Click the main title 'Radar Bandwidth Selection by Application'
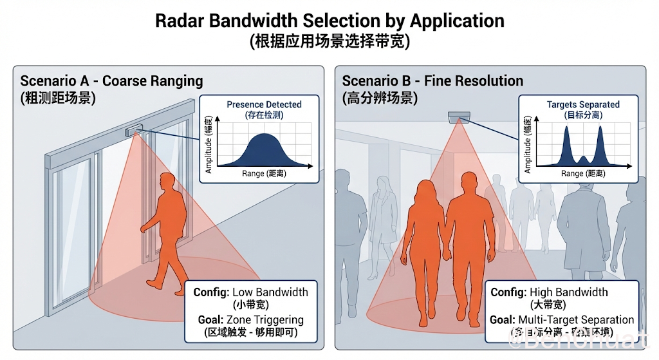(x=329, y=21)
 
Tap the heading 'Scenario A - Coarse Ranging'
(x=111, y=81)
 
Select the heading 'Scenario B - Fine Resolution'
(x=432, y=81)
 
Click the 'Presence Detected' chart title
(x=264, y=104)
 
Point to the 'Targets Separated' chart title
(x=583, y=104)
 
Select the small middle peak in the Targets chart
(x=583, y=158)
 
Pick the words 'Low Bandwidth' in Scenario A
(x=270, y=292)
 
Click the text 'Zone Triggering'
(x=265, y=319)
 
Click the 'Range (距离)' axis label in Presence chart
(x=263, y=173)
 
